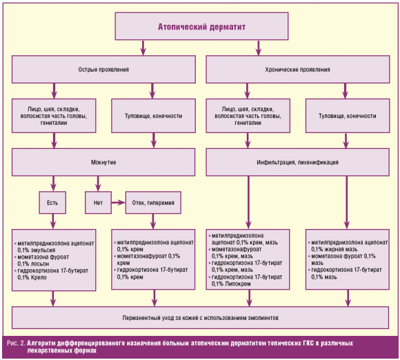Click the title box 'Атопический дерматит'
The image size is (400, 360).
[201, 26]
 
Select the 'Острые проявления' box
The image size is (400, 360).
[103, 70]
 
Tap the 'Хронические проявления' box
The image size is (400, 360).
[298, 70]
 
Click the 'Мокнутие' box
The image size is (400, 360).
[103, 162]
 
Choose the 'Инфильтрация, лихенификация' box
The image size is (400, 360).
[298, 162]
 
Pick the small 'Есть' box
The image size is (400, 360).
[52, 203]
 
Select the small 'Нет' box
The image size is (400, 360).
[98, 203]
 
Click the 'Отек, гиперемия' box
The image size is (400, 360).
[153, 203]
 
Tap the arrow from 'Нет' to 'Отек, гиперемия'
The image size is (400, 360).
[119, 203]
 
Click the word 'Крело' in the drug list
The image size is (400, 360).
[39, 277]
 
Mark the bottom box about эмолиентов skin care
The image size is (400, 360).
[200, 318]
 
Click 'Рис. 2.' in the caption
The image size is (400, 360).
[17, 343]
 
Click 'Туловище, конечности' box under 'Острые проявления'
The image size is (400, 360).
[153, 116]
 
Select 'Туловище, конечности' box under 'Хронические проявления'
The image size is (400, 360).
[348, 116]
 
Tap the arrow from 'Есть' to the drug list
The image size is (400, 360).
[53, 221]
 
